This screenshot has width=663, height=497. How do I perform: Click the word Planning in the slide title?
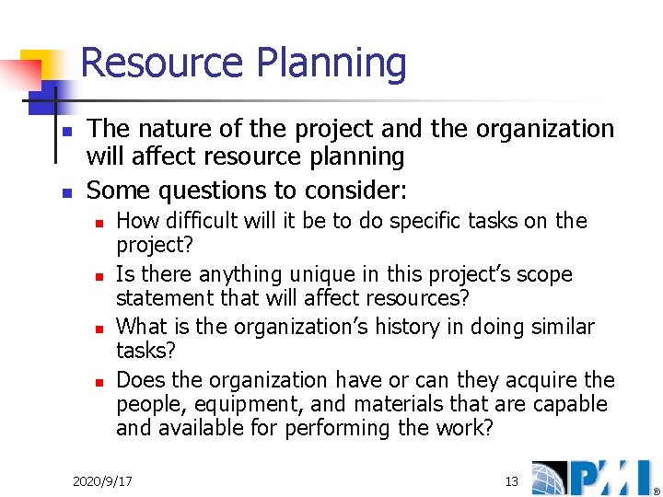(331, 64)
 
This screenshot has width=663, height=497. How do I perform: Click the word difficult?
(198, 221)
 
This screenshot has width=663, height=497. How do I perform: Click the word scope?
(546, 274)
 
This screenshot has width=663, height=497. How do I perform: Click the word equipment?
(231, 405)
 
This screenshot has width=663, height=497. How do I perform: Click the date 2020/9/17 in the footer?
(102, 481)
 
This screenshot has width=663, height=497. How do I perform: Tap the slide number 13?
(512, 481)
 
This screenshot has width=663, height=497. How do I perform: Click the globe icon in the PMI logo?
(552, 478)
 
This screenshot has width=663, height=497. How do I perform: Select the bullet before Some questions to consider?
(65, 193)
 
